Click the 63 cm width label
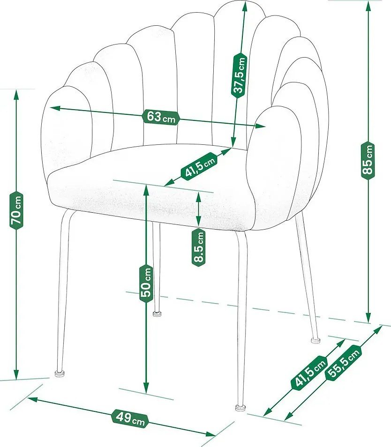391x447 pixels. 160,117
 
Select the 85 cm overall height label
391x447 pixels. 368,159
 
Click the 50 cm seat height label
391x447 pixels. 147,282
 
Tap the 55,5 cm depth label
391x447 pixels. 344,363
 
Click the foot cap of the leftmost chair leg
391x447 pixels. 60,373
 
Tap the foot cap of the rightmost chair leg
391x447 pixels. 315,339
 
